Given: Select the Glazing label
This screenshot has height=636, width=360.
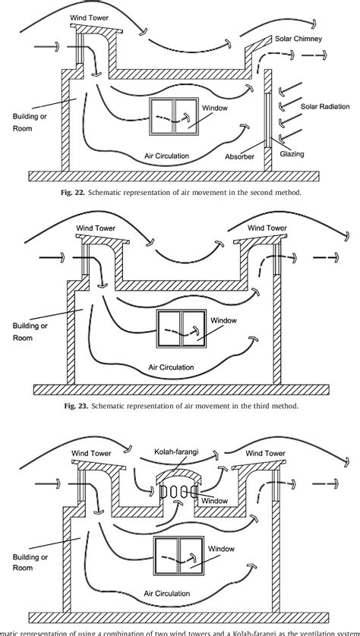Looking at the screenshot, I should (291, 154).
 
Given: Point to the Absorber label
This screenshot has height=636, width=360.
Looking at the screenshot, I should (241, 157).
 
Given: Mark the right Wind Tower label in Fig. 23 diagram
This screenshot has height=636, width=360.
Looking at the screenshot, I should (267, 227).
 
